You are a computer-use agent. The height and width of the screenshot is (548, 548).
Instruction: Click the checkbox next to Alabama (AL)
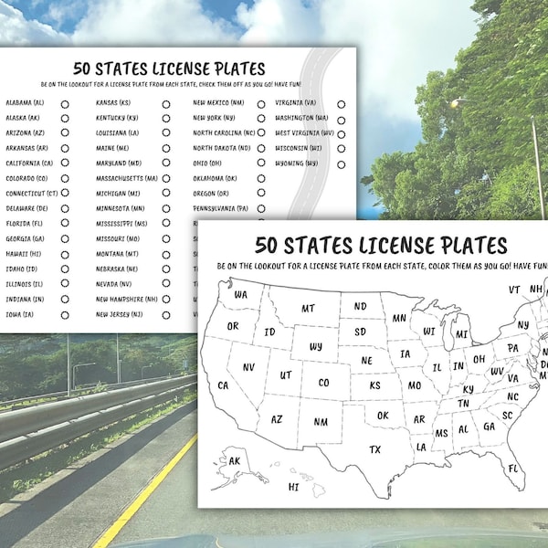[x=65, y=104]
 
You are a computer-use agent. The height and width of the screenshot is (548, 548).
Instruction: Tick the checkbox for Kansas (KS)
[x=166, y=104]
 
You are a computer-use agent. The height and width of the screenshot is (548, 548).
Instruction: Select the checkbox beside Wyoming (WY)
[x=341, y=164]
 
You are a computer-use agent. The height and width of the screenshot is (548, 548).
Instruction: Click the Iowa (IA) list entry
[x=21, y=314]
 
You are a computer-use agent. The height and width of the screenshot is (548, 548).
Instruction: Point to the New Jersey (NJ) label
[x=119, y=314]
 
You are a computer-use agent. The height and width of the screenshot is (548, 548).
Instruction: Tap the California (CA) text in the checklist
[x=29, y=163]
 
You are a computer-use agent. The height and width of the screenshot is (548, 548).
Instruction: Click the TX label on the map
[x=374, y=449]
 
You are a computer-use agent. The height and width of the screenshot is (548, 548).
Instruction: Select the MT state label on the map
[x=308, y=309]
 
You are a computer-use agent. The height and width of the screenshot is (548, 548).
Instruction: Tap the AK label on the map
[x=235, y=461]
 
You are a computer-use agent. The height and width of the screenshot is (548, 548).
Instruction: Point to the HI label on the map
[x=293, y=487]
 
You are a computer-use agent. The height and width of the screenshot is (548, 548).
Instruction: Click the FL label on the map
[x=514, y=469]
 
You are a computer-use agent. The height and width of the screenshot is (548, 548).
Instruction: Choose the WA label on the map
[x=240, y=294]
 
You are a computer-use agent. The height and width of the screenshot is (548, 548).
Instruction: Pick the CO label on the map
[x=323, y=383]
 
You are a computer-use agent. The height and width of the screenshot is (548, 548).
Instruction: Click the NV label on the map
[x=248, y=367]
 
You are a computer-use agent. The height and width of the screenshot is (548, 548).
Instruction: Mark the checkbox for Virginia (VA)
[x=341, y=104]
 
